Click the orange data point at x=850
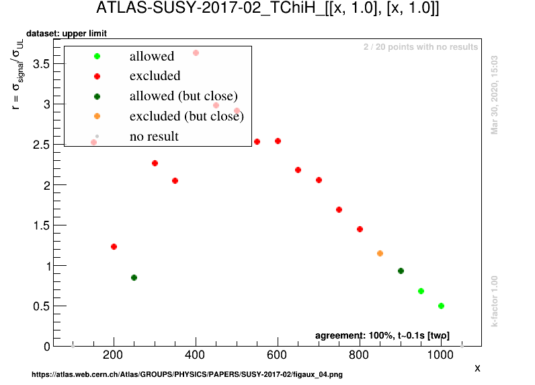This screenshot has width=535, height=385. [380, 253]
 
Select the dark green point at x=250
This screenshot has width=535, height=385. [134, 277]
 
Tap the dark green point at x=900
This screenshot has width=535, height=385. [401, 271]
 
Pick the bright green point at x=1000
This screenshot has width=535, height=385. [441, 306]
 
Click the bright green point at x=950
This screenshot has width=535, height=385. [421, 291]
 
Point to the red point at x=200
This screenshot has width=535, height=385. [114, 247]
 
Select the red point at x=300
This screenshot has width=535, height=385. [155, 163]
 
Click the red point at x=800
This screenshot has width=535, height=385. [360, 229]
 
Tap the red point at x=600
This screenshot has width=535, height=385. [278, 141]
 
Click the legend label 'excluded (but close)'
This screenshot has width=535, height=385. [186, 116]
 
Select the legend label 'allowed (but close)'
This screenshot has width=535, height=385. [183, 96]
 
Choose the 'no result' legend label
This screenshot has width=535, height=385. [154, 137]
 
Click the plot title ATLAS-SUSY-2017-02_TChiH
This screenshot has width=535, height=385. [267, 9]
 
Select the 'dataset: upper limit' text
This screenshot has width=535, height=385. [67, 34]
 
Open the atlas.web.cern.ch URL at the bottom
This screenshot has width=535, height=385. [187, 374]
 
